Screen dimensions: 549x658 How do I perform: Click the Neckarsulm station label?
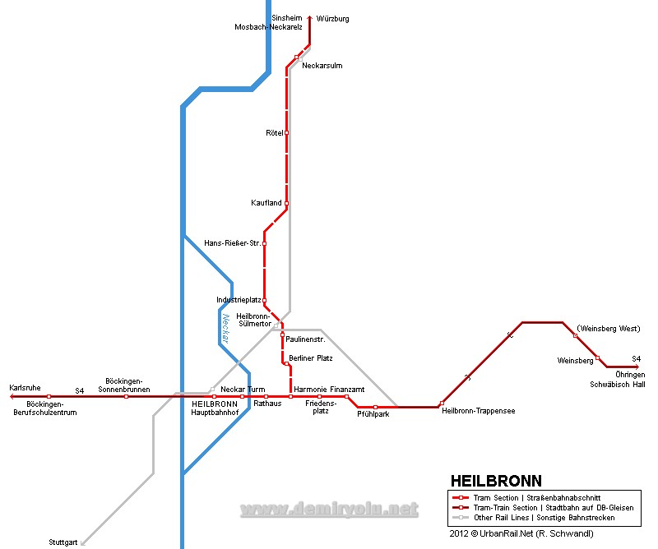coord(322,66)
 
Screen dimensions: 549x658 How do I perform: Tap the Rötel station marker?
coord(286,132)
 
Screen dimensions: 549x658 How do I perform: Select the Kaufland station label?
coord(266,203)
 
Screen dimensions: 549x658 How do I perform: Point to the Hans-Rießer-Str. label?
coord(232,243)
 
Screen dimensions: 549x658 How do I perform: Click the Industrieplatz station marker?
coord(264,301)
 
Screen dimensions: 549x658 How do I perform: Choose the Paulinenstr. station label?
coord(305,339)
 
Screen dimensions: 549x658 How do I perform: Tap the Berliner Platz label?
coord(312,358)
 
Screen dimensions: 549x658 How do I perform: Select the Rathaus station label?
coord(267,404)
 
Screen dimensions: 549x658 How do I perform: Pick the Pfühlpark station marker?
coord(375,407)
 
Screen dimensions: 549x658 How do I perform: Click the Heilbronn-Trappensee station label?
coord(478,411)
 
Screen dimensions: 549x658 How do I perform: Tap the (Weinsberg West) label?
coord(609,329)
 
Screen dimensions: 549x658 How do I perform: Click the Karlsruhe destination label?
coord(25,387)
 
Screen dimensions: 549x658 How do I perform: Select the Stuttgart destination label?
coord(63,542)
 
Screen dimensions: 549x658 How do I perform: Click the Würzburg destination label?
coord(332,18)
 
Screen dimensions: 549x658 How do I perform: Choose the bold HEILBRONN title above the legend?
coord(496,481)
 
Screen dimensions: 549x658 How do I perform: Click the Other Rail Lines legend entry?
coord(544,518)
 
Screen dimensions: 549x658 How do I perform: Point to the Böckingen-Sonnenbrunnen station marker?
coord(126,396)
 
